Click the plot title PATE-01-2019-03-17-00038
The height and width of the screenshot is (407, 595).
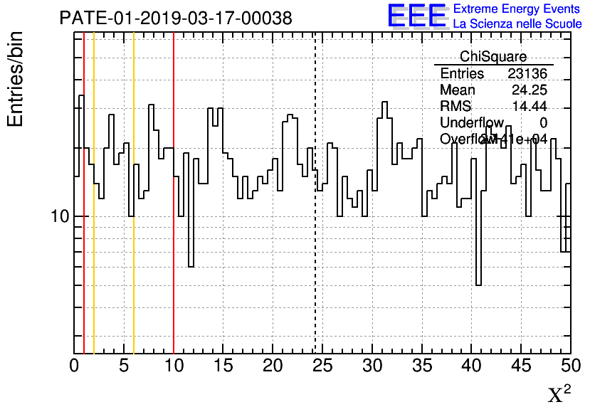[x=175, y=18]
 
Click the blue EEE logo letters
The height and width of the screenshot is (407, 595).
[x=416, y=16]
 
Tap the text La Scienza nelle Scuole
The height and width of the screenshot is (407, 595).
[x=517, y=23]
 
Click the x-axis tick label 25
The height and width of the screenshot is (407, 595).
[x=322, y=366]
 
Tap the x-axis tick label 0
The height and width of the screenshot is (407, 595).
[x=75, y=366]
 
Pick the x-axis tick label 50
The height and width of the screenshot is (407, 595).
[x=569, y=366]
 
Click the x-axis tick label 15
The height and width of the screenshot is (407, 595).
[x=223, y=366]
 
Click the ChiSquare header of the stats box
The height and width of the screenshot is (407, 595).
[x=493, y=57]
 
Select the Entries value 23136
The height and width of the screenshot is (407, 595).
[x=527, y=74]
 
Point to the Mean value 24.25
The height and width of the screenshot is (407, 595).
[x=530, y=90]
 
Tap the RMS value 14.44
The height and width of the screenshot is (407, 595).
[x=530, y=107]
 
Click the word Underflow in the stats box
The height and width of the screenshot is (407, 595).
[x=471, y=123]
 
